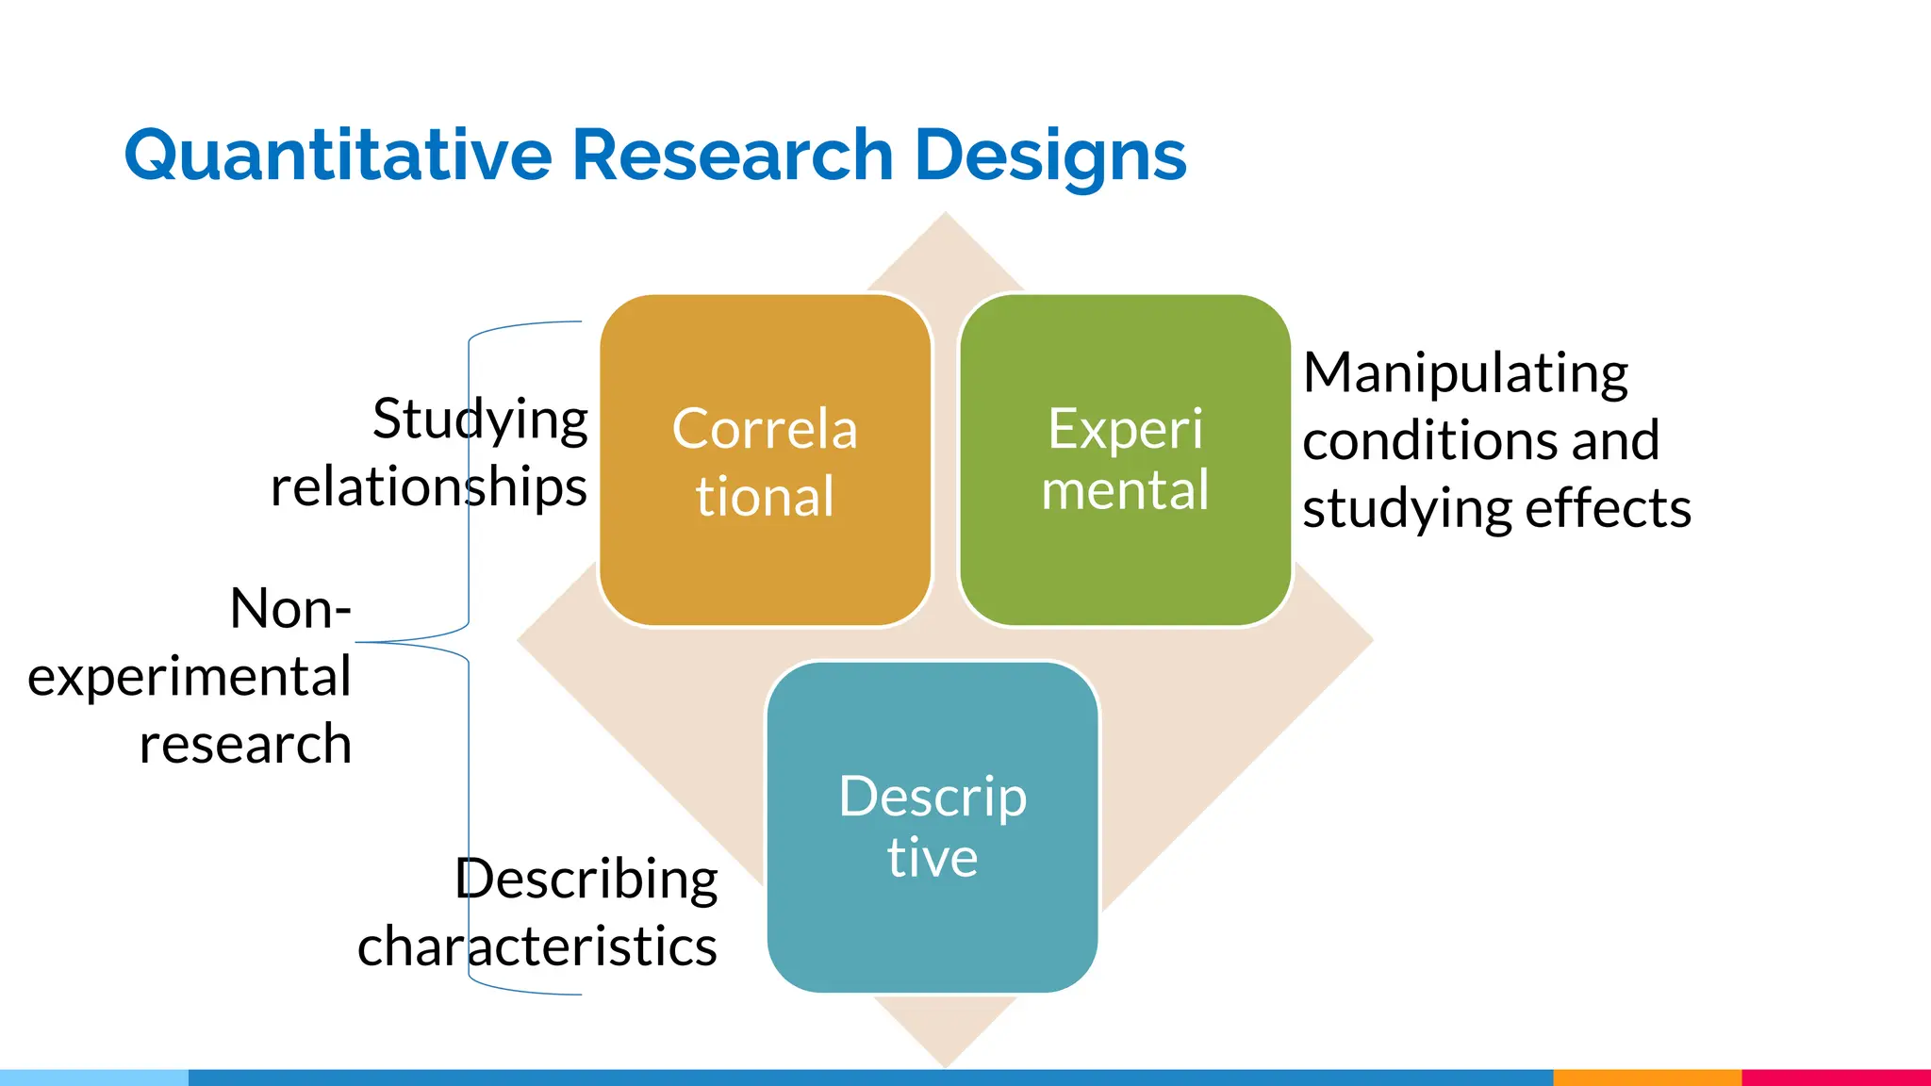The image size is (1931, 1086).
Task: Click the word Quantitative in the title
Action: pyautogui.click(x=338, y=156)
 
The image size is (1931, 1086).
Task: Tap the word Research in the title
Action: pyautogui.click(x=733, y=156)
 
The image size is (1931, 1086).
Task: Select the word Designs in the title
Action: pyautogui.click(x=1050, y=156)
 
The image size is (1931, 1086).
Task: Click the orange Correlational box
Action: pyautogui.click(x=765, y=460)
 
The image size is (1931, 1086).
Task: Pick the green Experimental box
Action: pyautogui.click(x=1125, y=460)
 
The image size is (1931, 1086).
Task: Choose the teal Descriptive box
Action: pyautogui.click(x=932, y=827)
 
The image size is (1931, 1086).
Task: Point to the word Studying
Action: pyautogui.click(x=480, y=420)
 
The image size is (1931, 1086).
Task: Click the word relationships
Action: pyautogui.click(x=429, y=487)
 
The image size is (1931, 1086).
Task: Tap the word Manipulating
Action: pyautogui.click(x=1465, y=373)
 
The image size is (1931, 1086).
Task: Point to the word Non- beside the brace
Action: pyautogui.click(x=290, y=609)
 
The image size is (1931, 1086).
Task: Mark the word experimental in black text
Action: pyautogui.click(x=190, y=677)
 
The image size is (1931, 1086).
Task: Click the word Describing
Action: pyautogui.click(x=586, y=880)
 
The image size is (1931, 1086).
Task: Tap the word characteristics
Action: pyautogui.click(x=537, y=946)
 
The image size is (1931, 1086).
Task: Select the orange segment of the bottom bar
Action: pyautogui.click(x=1646, y=1078)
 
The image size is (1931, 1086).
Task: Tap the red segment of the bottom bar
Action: pyautogui.click(x=1836, y=1078)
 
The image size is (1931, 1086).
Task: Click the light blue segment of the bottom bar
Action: pyautogui.click(x=94, y=1078)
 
